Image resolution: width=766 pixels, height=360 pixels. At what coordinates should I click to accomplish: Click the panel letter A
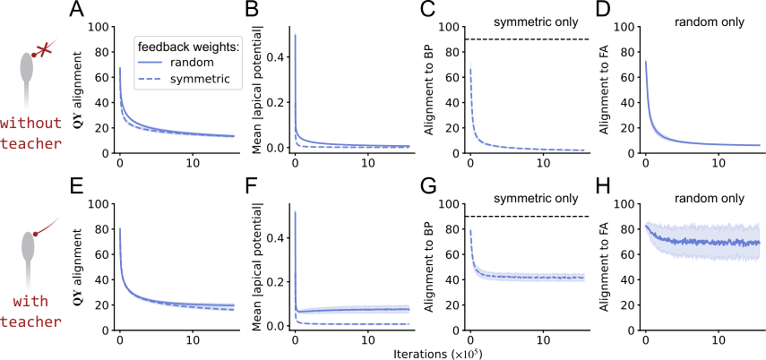76,10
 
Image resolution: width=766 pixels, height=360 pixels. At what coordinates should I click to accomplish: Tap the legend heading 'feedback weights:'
187,47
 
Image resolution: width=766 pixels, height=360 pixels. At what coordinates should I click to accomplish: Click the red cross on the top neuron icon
46,47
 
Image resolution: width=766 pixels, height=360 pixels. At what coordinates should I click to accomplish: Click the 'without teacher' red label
31,133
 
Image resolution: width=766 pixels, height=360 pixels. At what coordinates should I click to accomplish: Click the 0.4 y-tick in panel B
281,57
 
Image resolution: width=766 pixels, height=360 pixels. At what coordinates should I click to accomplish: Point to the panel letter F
250,186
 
